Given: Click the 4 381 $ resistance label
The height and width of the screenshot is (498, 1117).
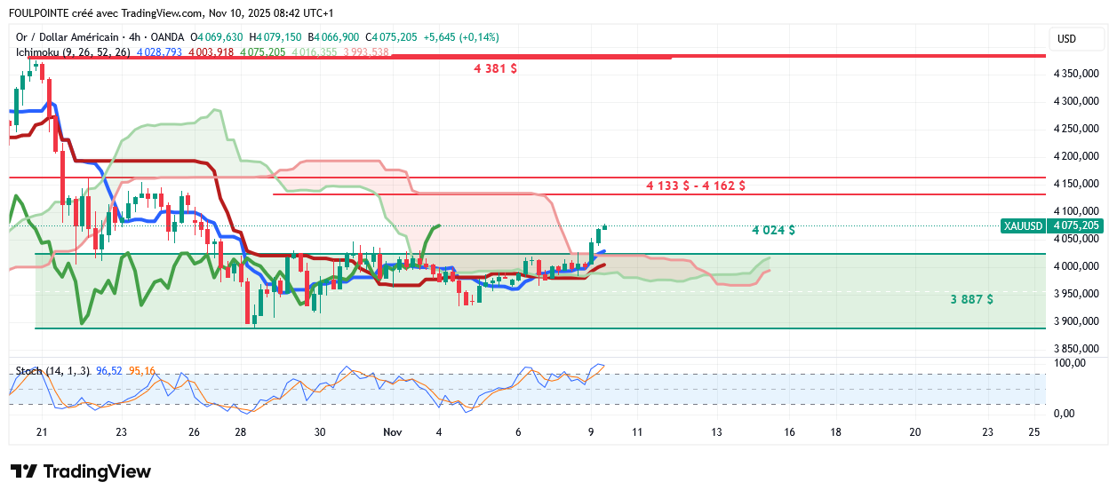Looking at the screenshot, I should [496, 68].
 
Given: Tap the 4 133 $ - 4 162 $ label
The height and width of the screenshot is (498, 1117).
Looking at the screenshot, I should [696, 186].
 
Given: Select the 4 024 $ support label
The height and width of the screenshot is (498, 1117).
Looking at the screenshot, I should [773, 230].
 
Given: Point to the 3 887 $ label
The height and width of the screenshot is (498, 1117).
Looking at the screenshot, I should [971, 300].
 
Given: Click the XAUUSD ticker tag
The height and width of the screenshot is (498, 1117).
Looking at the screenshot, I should [1023, 226].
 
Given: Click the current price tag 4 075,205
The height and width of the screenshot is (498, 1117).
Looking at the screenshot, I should [1076, 226].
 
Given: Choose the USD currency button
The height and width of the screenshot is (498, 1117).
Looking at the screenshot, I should [1066, 39].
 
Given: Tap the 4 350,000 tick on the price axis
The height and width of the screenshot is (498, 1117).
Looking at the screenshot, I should [1076, 74].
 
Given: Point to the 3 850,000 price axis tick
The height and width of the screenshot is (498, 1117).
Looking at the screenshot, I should [1076, 349].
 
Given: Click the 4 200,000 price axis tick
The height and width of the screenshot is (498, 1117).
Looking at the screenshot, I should [1076, 156].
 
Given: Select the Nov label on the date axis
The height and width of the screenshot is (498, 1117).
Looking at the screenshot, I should [392, 431].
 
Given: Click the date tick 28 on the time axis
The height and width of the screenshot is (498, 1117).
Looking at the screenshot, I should [241, 431].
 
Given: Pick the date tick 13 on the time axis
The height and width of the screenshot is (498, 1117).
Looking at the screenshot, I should [716, 431].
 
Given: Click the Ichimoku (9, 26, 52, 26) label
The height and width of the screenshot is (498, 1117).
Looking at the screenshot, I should [73, 52].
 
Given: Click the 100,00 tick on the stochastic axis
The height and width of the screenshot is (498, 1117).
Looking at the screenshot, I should [1070, 362].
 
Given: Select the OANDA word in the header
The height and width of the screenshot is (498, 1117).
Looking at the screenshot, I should [167, 37].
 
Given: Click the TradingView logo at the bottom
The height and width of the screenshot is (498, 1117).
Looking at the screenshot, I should [80, 472].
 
